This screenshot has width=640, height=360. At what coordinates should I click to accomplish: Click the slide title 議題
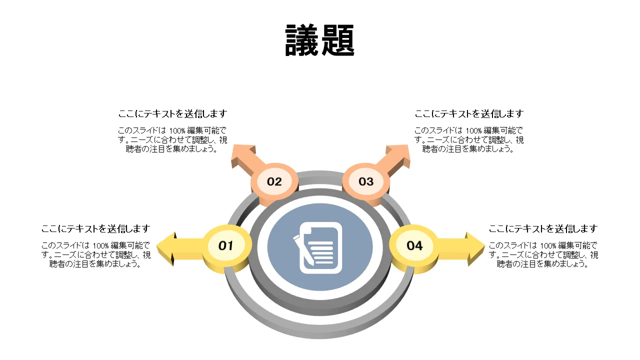(320, 40)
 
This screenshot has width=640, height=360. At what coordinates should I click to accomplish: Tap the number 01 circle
(226, 245)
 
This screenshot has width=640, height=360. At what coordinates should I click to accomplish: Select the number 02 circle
(274, 181)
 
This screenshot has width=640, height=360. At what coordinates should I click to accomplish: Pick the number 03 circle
(366, 181)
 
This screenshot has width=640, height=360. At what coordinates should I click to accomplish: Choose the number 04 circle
(414, 245)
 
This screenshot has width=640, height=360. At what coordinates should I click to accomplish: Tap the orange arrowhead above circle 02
(242, 155)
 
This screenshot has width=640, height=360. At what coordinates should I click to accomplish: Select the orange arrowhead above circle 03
(398, 154)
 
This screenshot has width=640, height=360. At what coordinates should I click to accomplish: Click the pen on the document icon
(303, 248)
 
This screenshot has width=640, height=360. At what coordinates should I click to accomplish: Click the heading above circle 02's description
(172, 114)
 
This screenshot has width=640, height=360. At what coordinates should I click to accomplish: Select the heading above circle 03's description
(469, 114)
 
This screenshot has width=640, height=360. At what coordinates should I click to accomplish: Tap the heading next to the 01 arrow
(95, 229)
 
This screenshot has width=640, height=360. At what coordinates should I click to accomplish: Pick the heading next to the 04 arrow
(543, 229)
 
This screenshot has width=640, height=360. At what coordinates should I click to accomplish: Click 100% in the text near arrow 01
(100, 245)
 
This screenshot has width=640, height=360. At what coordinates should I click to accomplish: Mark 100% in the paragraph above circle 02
(177, 130)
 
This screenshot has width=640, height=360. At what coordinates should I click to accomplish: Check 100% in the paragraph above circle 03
(473, 130)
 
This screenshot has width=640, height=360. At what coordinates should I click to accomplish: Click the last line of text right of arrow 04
(543, 264)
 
